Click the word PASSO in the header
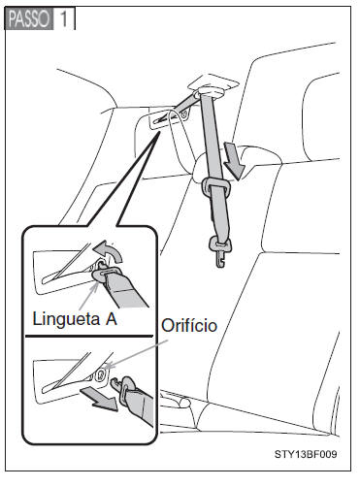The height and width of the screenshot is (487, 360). click(x=29, y=18)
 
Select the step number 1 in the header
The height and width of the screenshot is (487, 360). click(x=64, y=18)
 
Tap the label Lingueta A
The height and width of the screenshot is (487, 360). click(x=75, y=319)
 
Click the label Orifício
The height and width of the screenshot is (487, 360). click(x=189, y=325)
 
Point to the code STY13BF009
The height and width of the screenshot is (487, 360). click(x=306, y=454)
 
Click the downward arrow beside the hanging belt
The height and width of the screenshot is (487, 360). click(x=234, y=161)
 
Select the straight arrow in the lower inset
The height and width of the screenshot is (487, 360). click(x=99, y=399)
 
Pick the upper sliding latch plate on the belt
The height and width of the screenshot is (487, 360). click(x=216, y=186)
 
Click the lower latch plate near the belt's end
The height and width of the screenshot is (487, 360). click(x=220, y=244)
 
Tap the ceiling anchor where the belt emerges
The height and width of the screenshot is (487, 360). click(x=212, y=87)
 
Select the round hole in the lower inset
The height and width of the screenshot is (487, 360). click(x=101, y=374)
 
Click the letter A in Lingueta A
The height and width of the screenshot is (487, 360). click(x=111, y=319)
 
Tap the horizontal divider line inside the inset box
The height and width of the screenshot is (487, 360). click(x=89, y=336)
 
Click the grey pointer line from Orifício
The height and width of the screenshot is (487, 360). click(x=137, y=354)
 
